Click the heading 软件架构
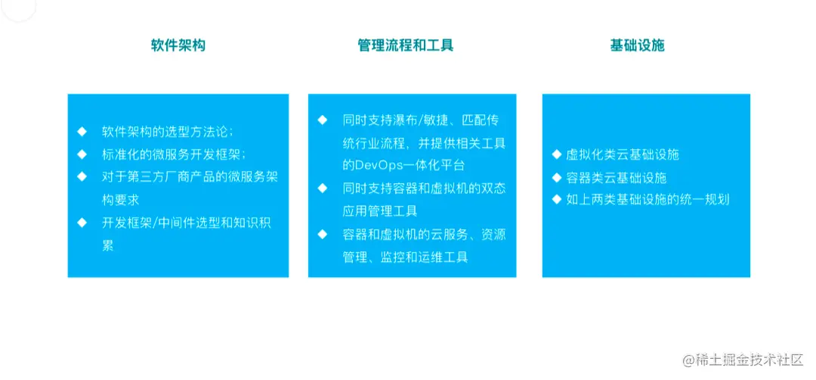178,45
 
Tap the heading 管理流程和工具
406,45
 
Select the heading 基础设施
637,45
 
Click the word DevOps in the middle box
376,165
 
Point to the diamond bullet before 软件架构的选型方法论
82,131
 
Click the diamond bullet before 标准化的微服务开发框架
82,154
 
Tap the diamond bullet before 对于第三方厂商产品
82,176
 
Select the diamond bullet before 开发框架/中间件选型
82,223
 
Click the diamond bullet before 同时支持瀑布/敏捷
323,120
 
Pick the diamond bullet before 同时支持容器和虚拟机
323,187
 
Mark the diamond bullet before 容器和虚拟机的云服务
323,233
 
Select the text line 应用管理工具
380,211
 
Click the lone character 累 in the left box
108,246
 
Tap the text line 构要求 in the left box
120,200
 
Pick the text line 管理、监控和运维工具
406,257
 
